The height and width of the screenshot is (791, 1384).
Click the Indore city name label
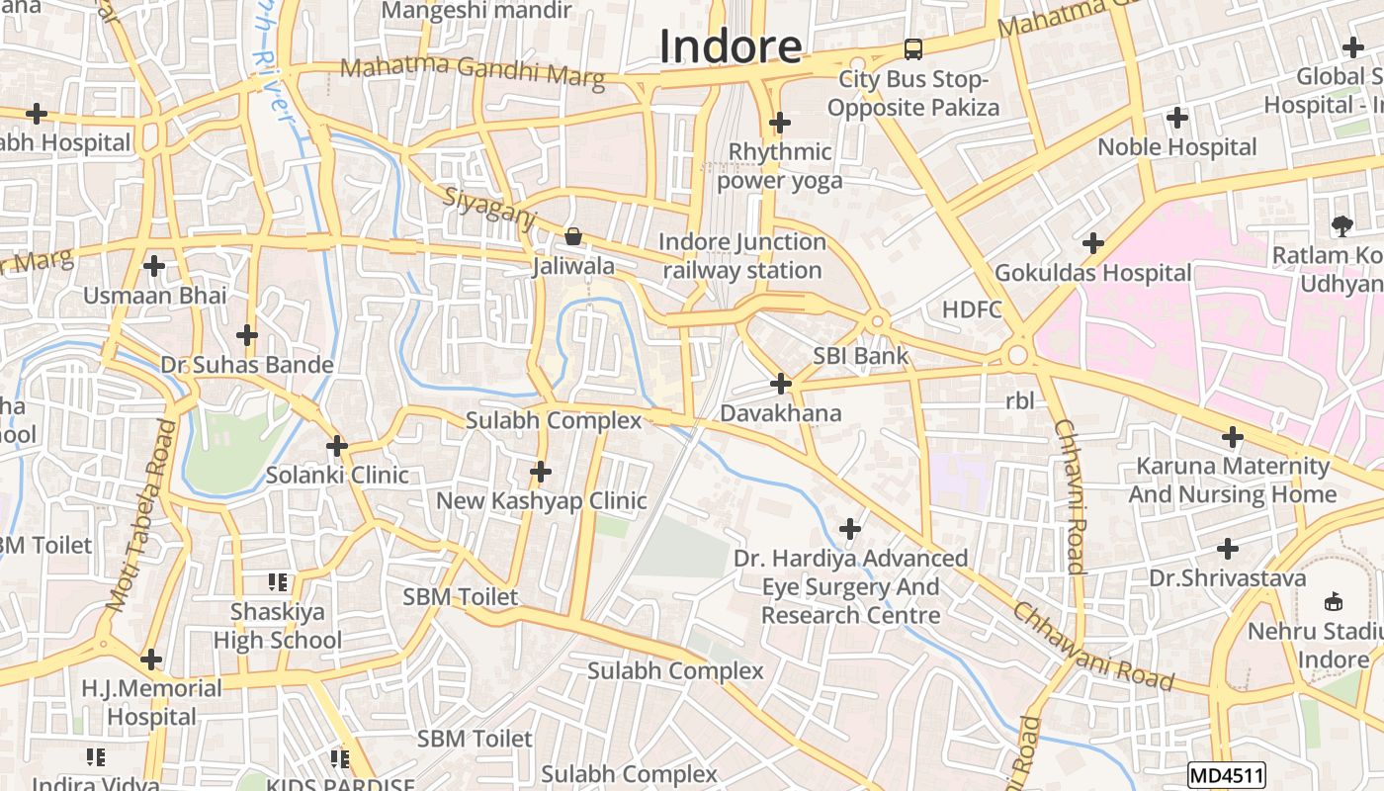pos(730,46)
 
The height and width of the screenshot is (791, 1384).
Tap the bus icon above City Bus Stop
pos(913,48)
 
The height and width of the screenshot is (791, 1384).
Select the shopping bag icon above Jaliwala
pos(572,236)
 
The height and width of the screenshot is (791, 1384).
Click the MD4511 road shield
pos(1226,774)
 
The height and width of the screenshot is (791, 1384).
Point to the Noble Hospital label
pos(1177,147)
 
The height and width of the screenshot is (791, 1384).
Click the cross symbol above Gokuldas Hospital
pos(1092,242)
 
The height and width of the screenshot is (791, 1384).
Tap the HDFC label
pos(972,309)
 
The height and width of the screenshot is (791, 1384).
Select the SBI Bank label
pos(860,356)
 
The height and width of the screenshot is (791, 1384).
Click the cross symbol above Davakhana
pos(781,383)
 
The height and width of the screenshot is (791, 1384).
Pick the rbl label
pos(1019,401)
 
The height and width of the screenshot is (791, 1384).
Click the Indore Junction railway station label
pos(741,256)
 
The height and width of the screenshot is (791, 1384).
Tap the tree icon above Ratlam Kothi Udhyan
pos(1341,226)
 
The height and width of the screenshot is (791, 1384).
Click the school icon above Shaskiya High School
pos(278,582)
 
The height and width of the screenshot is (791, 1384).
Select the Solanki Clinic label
pos(337,475)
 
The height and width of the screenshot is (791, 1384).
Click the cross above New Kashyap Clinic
pos(540,472)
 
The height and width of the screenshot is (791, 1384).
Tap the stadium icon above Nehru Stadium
pos(1333,601)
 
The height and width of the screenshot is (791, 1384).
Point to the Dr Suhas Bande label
pos(247,365)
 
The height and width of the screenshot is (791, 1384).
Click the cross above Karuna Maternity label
pos(1232,436)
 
